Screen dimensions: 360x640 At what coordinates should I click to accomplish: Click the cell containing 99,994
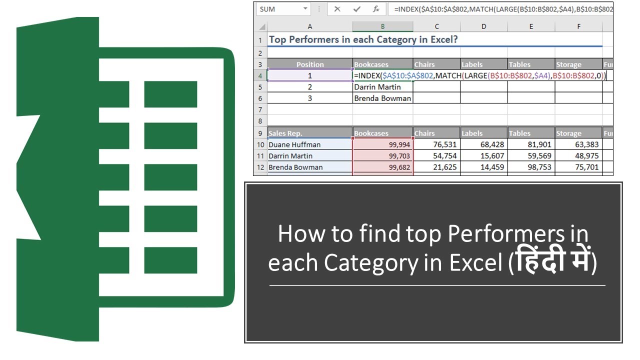[x=383, y=144]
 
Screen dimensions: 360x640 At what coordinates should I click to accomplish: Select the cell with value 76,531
[x=436, y=144]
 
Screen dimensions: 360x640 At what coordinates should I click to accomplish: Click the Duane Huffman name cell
[x=310, y=144]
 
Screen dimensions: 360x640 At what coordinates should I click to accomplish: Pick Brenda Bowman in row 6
[x=382, y=98]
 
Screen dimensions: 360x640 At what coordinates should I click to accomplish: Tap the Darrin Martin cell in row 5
[x=382, y=87]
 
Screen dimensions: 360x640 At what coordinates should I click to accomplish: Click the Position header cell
[x=310, y=64]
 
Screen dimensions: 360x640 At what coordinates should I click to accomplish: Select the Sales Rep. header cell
[x=310, y=133]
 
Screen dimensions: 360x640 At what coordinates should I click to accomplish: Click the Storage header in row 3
[x=578, y=64]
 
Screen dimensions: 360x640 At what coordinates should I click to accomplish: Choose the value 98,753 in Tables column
[x=530, y=167]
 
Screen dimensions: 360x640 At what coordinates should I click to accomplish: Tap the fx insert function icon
[x=376, y=9]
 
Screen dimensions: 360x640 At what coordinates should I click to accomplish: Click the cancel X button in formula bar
[x=337, y=9]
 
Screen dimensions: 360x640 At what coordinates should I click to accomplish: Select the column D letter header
[x=483, y=26]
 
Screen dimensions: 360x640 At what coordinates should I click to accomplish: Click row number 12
[x=260, y=167]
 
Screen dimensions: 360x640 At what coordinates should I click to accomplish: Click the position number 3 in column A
[x=310, y=98]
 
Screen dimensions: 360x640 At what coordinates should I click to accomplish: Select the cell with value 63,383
[x=578, y=144]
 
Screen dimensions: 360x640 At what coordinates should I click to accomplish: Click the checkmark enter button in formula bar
[x=357, y=9]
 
